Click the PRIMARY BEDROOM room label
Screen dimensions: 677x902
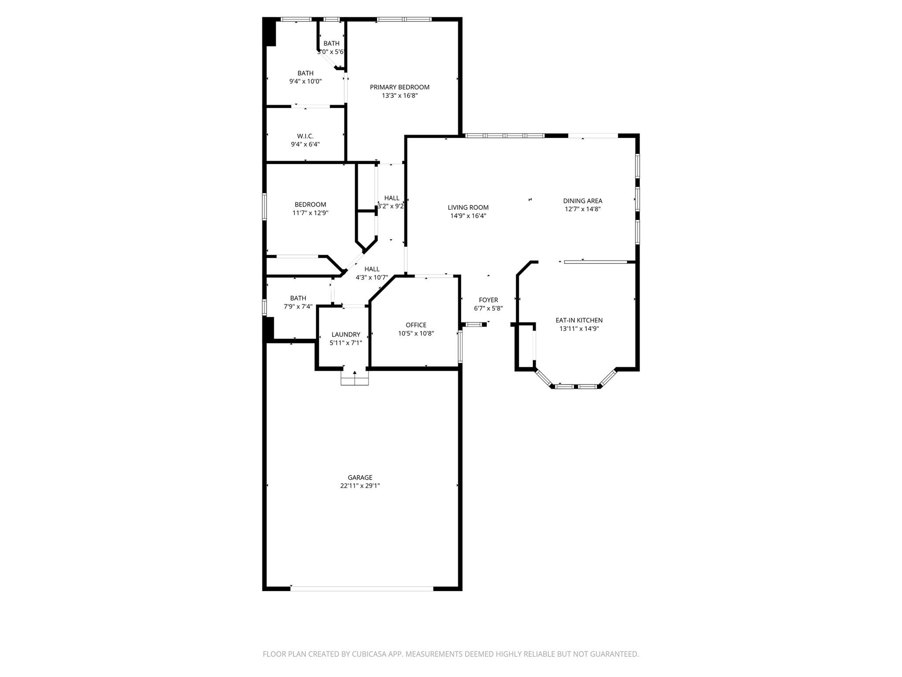[399, 87]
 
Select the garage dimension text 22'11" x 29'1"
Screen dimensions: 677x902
[360, 486]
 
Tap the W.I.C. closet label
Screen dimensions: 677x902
[305, 136]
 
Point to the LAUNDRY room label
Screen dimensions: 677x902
[346, 335]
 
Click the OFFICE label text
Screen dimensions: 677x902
[416, 325]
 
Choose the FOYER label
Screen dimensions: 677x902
[488, 300]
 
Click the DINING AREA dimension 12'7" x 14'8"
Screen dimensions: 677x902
[582, 209]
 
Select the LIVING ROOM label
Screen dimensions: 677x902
[468, 208]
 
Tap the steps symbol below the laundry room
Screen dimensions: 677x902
[355, 379]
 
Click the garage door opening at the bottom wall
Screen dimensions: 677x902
[361, 588]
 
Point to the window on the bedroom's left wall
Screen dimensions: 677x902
[265, 206]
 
